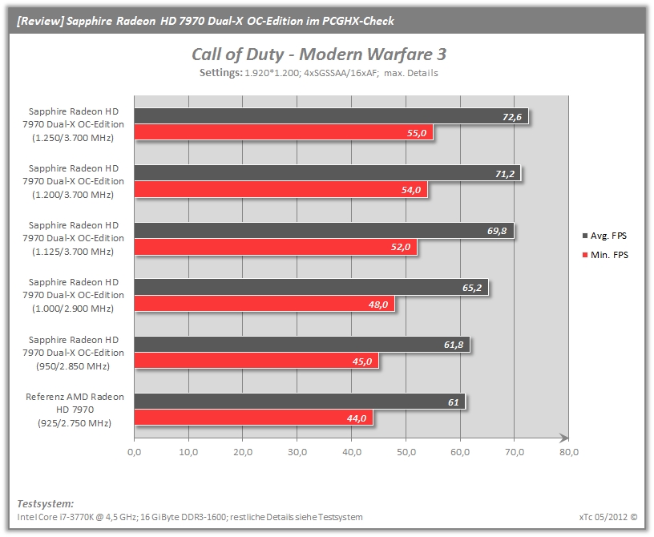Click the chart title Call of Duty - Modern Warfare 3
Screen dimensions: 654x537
coord(319,55)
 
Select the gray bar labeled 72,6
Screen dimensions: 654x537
coord(331,116)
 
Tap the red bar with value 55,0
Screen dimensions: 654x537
coord(284,133)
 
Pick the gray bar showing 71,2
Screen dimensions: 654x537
coord(328,173)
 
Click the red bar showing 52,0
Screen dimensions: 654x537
coord(276,247)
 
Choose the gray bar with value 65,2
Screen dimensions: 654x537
coord(311,288)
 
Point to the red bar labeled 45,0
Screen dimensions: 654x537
coord(256,361)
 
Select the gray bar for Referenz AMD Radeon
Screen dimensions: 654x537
coord(300,402)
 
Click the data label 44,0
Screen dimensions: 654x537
coord(357,418)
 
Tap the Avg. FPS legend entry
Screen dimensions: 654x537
coord(604,236)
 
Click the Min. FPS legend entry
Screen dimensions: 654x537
coord(605,255)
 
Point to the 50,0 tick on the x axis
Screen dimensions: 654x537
coord(406,452)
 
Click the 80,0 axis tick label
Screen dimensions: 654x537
coord(569,452)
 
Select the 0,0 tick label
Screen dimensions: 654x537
coord(135,452)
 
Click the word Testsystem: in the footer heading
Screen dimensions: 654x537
coord(46,503)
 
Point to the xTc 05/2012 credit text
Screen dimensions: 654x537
coord(608,516)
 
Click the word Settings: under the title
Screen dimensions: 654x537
coord(220,73)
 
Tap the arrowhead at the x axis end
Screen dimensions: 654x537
coord(564,438)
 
